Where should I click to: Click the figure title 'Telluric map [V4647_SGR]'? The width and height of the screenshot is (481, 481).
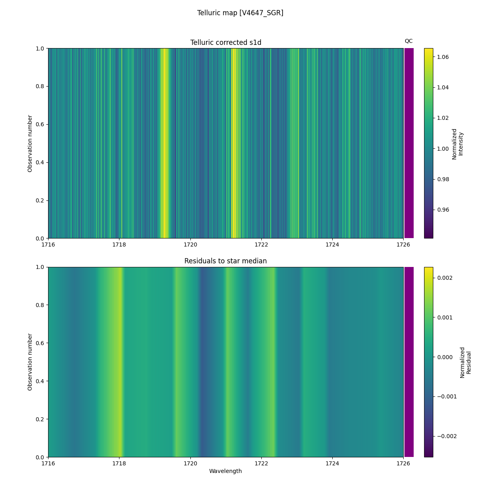(240, 13)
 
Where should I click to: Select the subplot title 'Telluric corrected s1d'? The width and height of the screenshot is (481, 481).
(226, 42)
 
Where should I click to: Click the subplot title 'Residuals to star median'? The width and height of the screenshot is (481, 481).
(226, 261)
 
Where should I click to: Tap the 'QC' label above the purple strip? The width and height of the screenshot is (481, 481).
(408, 41)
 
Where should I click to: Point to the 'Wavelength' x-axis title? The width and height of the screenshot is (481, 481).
(225, 471)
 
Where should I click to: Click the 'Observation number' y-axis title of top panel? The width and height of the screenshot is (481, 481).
(30, 143)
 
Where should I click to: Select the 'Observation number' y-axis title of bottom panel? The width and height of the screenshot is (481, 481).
(30, 362)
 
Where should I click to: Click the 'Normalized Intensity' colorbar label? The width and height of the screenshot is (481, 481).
(457, 144)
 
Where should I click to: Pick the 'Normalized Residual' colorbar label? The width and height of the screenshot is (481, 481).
(465, 362)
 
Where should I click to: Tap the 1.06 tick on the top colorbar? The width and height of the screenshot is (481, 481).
(443, 57)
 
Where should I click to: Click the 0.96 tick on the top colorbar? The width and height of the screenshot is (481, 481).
(443, 209)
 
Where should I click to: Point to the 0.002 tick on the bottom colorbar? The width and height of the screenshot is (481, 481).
(444, 278)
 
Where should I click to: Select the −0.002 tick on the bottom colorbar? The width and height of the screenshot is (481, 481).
(446, 436)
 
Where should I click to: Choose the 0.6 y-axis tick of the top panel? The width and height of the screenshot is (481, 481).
(40, 124)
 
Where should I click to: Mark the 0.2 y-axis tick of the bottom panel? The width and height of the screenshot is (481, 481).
(40, 419)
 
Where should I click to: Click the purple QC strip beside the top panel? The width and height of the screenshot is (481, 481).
(409, 143)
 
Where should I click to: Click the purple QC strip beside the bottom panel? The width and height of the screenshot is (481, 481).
(409, 362)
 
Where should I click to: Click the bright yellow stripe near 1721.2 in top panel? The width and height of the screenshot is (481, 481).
(234, 143)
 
